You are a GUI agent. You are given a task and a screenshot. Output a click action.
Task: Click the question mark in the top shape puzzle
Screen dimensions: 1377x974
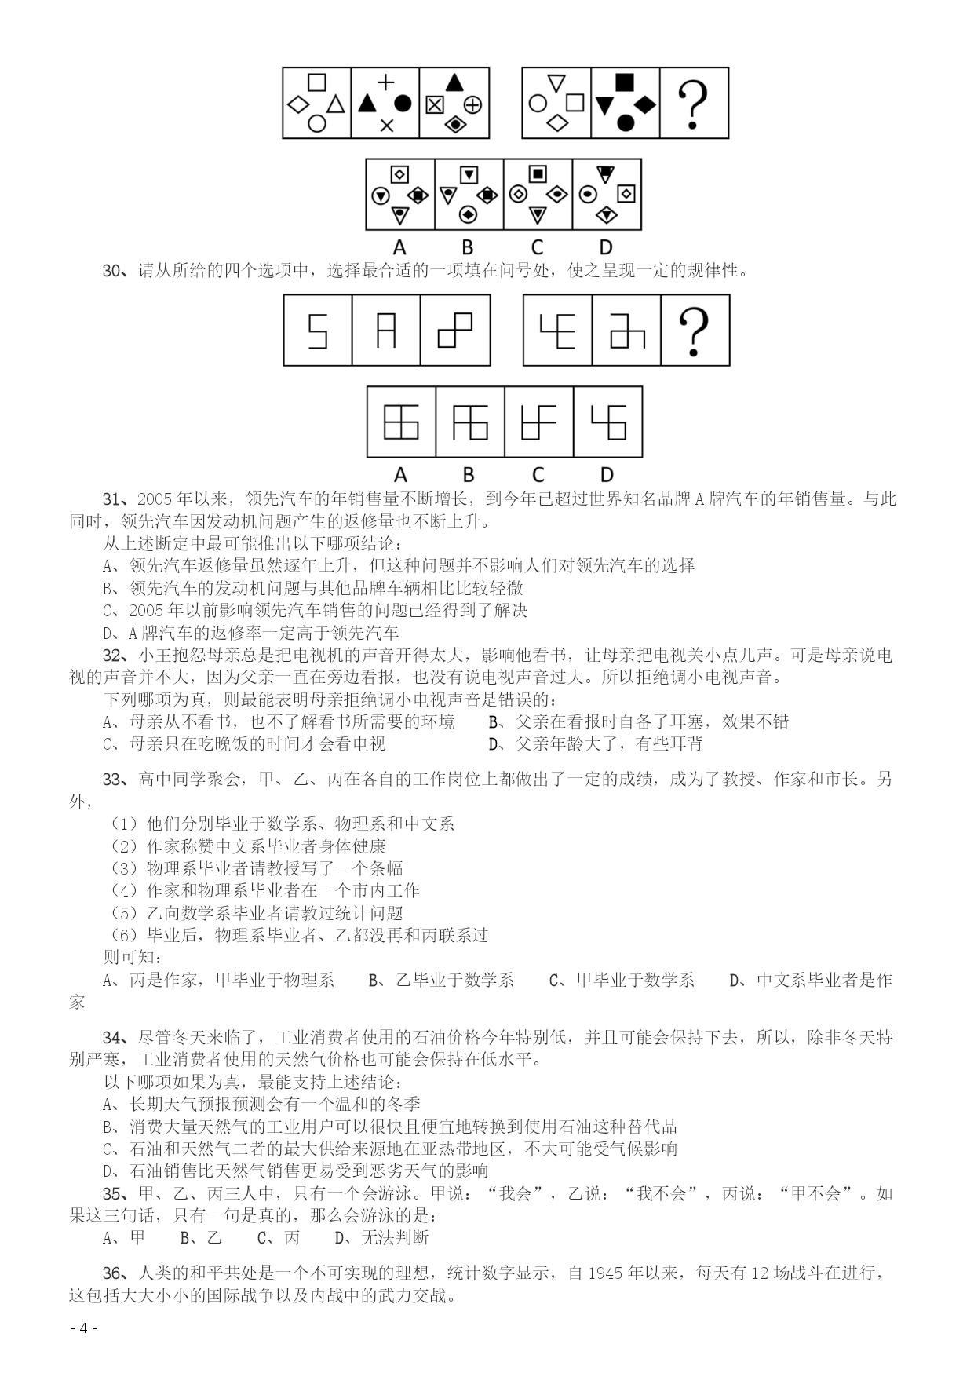tap(693, 103)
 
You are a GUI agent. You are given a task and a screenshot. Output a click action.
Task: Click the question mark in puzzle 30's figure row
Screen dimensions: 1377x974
tap(694, 331)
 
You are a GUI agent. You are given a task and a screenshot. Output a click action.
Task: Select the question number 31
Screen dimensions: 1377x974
tap(115, 499)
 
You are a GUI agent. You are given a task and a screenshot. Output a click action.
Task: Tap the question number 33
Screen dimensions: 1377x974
tap(115, 779)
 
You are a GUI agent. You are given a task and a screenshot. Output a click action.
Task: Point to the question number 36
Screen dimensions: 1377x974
tap(115, 1273)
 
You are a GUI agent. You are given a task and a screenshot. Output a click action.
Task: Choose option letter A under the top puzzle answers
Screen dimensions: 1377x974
tap(399, 247)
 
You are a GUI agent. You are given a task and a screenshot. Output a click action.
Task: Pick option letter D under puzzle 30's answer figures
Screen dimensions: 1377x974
tap(607, 474)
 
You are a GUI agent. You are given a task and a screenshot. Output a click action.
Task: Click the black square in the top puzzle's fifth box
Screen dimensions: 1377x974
tap(625, 81)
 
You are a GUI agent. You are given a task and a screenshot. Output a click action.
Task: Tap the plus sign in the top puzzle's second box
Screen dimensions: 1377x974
tap(385, 82)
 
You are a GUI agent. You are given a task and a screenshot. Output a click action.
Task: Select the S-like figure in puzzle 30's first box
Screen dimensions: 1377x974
tap(317, 331)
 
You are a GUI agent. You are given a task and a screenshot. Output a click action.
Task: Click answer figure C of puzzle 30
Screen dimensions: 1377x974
tap(538, 422)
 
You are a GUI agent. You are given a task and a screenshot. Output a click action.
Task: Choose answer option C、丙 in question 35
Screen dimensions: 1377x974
tap(279, 1238)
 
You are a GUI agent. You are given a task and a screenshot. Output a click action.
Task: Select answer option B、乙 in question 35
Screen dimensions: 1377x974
tap(201, 1238)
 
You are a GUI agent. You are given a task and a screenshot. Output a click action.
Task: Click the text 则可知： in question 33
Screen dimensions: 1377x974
tap(133, 957)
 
